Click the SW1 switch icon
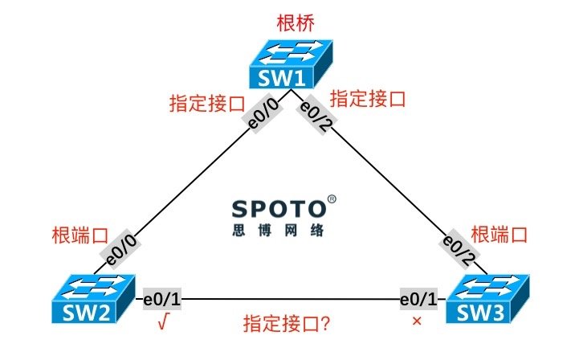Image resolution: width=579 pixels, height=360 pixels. pos(291,64)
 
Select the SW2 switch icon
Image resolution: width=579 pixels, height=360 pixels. pos(93,299)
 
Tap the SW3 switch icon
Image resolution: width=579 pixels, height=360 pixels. pos(487,299)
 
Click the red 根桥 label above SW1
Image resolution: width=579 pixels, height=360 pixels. pos(296,23)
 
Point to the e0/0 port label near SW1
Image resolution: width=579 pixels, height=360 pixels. pos(263,114)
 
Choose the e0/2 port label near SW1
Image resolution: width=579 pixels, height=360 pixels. pos(316,115)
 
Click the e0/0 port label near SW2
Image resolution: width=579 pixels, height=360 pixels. pos(120,251)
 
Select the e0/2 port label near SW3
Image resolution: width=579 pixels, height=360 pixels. pos(459,249)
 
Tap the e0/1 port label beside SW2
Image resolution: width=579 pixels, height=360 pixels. pos(162,299)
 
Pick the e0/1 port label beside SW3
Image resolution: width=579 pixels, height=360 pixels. pos(418,299)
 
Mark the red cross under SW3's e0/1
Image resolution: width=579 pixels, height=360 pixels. pos(417,321)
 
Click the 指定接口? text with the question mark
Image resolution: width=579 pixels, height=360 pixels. pos(286,323)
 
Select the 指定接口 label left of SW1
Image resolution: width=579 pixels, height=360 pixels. pos(207,103)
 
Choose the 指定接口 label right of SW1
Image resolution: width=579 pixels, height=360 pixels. pos(368,99)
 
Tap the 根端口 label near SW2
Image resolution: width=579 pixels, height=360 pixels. pos(80,235)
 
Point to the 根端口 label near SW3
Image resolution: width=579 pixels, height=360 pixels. pos(499,235)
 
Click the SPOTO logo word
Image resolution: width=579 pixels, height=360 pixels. pos(279,209)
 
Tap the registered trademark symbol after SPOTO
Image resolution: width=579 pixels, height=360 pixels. pos(332,199)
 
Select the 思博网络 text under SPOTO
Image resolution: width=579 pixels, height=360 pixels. pos(279,230)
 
